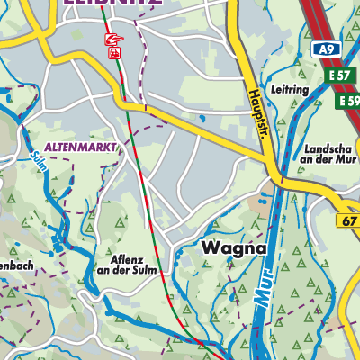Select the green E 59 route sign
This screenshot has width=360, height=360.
pos(348,102)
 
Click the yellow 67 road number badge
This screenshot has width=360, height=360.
pos(349,220)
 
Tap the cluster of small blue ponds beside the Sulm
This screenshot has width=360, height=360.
pos(61,239)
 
